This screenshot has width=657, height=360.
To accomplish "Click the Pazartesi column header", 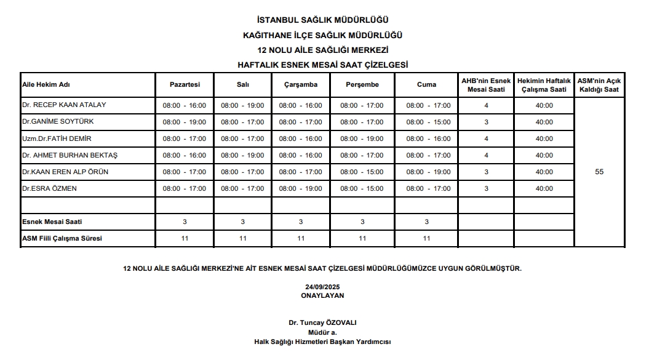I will click(185, 85).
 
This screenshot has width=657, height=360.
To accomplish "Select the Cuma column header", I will click(426, 85).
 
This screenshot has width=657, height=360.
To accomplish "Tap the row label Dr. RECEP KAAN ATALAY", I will click(64, 105).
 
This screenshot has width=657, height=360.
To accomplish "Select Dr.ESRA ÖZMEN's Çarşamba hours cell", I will click(300, 189).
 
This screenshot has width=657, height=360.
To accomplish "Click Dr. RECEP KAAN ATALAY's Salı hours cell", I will click(242, 105).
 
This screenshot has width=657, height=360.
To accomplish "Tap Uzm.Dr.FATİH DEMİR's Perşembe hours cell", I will click(362, 138).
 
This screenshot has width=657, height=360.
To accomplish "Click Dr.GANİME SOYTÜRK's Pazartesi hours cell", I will click(185, 122).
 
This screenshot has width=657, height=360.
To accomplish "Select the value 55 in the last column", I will click(599, 172).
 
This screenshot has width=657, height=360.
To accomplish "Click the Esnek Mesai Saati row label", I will click(52, 222).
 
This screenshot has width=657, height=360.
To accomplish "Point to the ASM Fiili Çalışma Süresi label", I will click(62, 238).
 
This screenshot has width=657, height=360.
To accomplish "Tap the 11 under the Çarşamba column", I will click(301, 238).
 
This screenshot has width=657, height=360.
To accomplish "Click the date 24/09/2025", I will click(322, 287).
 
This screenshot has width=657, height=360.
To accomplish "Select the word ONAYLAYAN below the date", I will click(322, 295).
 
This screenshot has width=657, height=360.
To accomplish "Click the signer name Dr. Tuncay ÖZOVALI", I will click(322, 322).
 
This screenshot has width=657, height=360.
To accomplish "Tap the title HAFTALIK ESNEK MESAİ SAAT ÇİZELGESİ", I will click(323, 65).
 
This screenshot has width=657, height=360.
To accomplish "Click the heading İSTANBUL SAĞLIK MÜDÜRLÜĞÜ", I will click(323, 20).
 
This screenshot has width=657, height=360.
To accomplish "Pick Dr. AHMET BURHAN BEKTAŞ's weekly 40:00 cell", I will click(544, 156).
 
